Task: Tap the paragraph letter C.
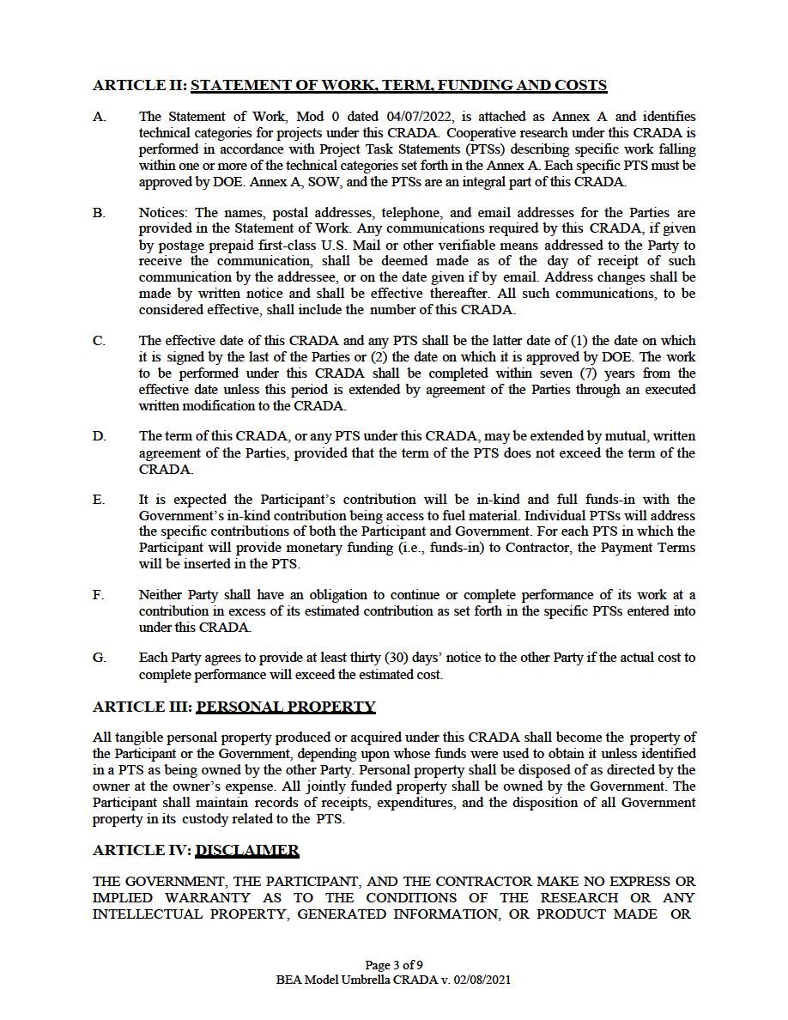pos(100,341)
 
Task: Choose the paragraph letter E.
pos(99,500)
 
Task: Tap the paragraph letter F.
pos(99,595)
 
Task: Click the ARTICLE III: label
pos(142,707)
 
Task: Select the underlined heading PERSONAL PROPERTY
pos(286,707)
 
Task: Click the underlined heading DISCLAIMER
pos(247,851)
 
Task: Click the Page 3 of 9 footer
pos(394,964)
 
